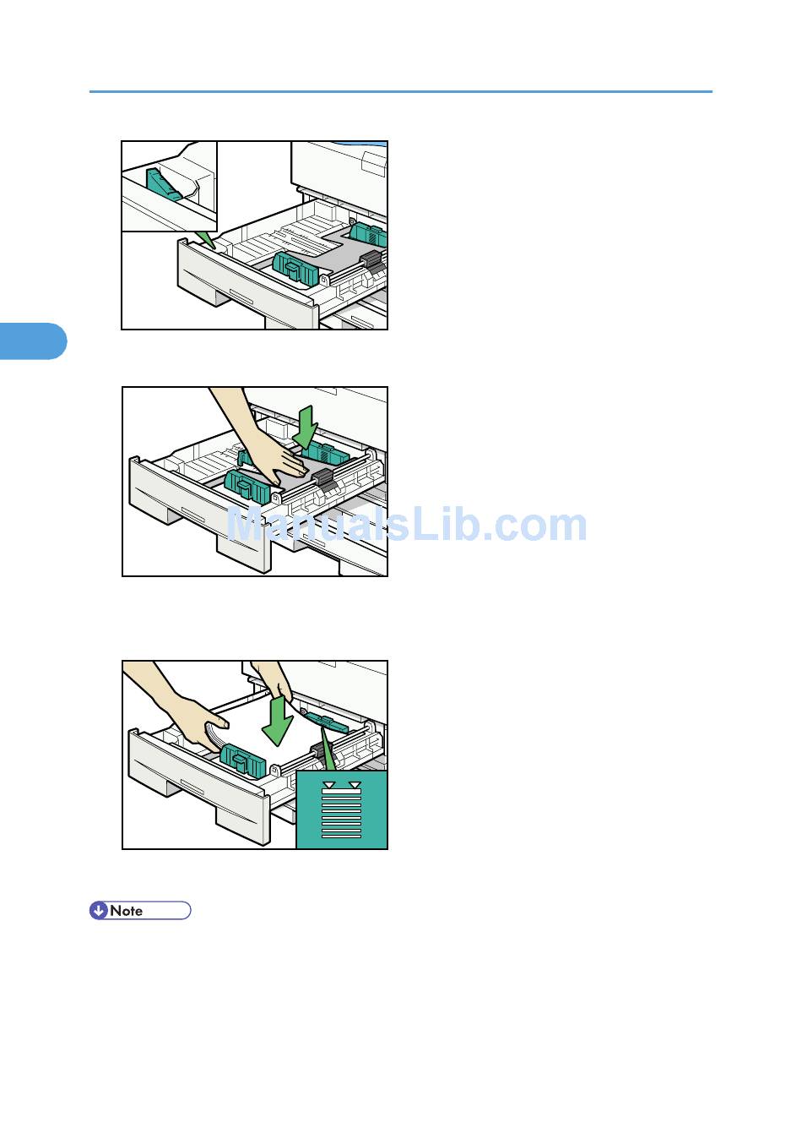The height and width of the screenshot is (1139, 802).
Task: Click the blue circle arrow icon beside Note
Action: click(x=99, y=910)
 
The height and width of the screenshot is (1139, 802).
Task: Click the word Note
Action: click(x=126, y=911)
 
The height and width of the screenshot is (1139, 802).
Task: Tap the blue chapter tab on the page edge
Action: click(x=33, y=341)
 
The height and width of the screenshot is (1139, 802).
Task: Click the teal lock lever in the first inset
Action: click(x=164, y=184)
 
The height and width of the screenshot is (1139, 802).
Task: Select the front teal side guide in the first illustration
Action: click(x=295, y=268)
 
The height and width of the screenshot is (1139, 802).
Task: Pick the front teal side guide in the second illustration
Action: click(x=247, y=486)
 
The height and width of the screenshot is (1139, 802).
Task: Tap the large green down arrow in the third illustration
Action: click(x=278, y=721)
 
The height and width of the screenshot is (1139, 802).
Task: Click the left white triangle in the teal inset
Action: click(x=329, y=785)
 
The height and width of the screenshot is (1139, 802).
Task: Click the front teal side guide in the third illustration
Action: click(x=243, y=760)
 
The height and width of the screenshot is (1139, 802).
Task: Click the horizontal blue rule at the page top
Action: click(x=401, y=91)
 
